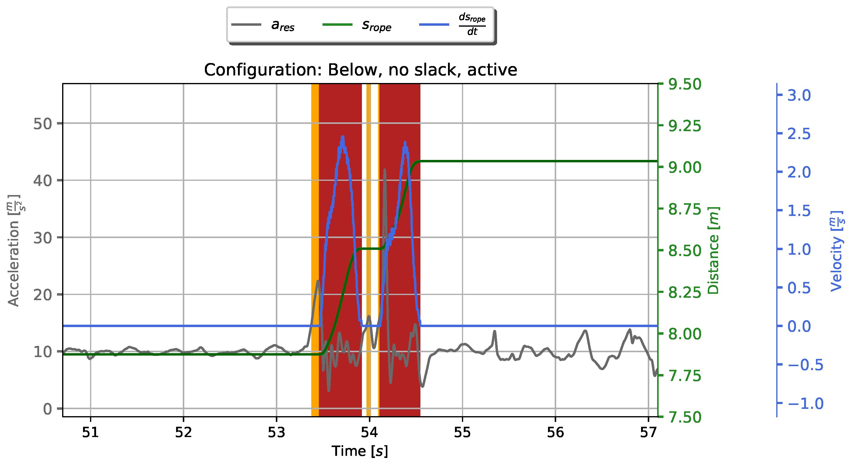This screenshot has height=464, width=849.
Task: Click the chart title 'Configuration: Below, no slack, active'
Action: click(x=360, y=70)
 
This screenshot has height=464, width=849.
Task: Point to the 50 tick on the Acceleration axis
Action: click(x=42, y=124)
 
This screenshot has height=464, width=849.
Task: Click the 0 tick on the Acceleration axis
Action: click(x=48, y=409)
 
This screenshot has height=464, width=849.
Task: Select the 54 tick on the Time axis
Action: click(x=369, y=433)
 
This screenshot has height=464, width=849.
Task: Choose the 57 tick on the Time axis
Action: click(x=648, y=433)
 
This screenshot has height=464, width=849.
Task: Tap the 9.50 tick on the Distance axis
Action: click(x=684, y=84)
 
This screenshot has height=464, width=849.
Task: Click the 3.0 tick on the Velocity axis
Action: click(x=799, y=95)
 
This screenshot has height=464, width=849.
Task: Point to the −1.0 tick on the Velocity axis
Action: click(x=805, y=403)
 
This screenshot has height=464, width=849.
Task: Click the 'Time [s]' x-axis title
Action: click(x=359, y=451)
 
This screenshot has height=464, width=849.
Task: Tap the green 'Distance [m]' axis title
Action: click(x=713, y=250)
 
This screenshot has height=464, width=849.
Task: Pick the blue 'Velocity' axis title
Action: click(x=837, y=250)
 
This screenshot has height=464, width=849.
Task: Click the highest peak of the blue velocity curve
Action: click(x=343, y=137)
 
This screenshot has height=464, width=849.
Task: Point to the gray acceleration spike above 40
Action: click(x=385, y=170)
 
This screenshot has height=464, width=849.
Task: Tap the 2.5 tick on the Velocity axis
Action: click(x=799, y=134)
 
